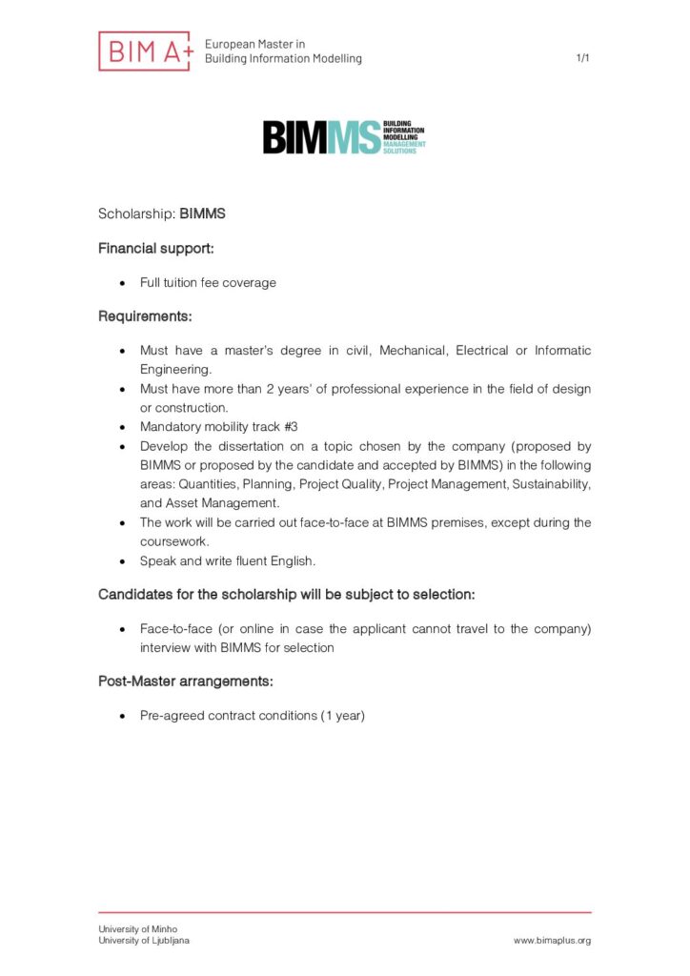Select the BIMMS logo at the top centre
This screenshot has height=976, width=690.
(344, 137)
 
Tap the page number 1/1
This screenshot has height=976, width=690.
(583, 58)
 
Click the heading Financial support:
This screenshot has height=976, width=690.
(156, 248)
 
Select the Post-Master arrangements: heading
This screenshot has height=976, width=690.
(186, 681)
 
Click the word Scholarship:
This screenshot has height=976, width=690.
(136, 213)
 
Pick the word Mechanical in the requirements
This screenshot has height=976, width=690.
(413, 351)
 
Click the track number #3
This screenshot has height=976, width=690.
(291, 427)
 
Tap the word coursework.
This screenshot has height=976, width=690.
(173, 541)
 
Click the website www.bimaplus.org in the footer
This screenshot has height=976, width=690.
(552, 941)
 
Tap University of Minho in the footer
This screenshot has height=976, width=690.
(138, 929)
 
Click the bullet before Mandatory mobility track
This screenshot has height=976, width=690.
(122, 427)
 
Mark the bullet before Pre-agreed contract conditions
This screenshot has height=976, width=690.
(122, 716)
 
